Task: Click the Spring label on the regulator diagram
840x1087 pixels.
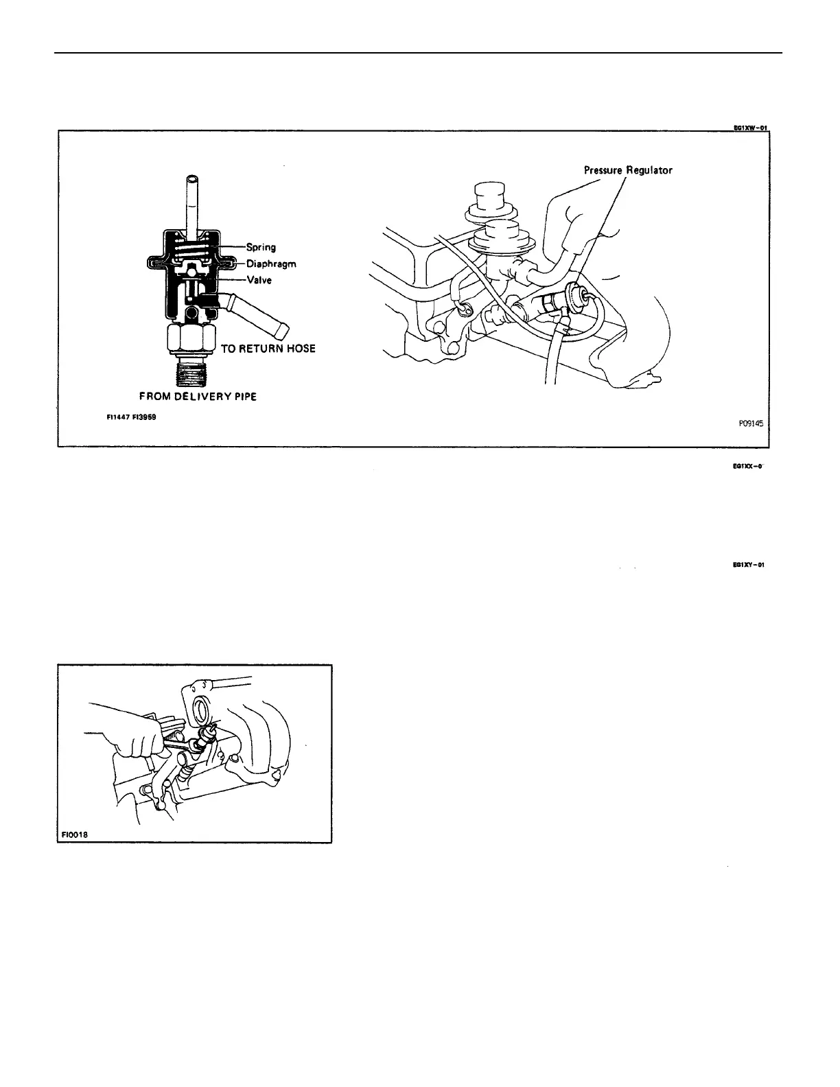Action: (x=261, y=248)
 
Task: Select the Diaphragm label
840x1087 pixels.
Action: (x=271, y=264)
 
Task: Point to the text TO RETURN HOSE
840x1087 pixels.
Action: (x=268, y=349)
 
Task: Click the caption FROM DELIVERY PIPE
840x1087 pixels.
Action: (x=198, y=397)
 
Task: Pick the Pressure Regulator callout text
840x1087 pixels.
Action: (x=628, y=170)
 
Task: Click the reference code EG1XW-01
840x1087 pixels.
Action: (x=749, y=127)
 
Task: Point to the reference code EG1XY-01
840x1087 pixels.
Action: (x=748, y=565)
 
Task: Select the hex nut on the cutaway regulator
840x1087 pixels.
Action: (x=191, y=338)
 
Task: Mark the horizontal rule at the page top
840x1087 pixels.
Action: (x=419, y=53)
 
